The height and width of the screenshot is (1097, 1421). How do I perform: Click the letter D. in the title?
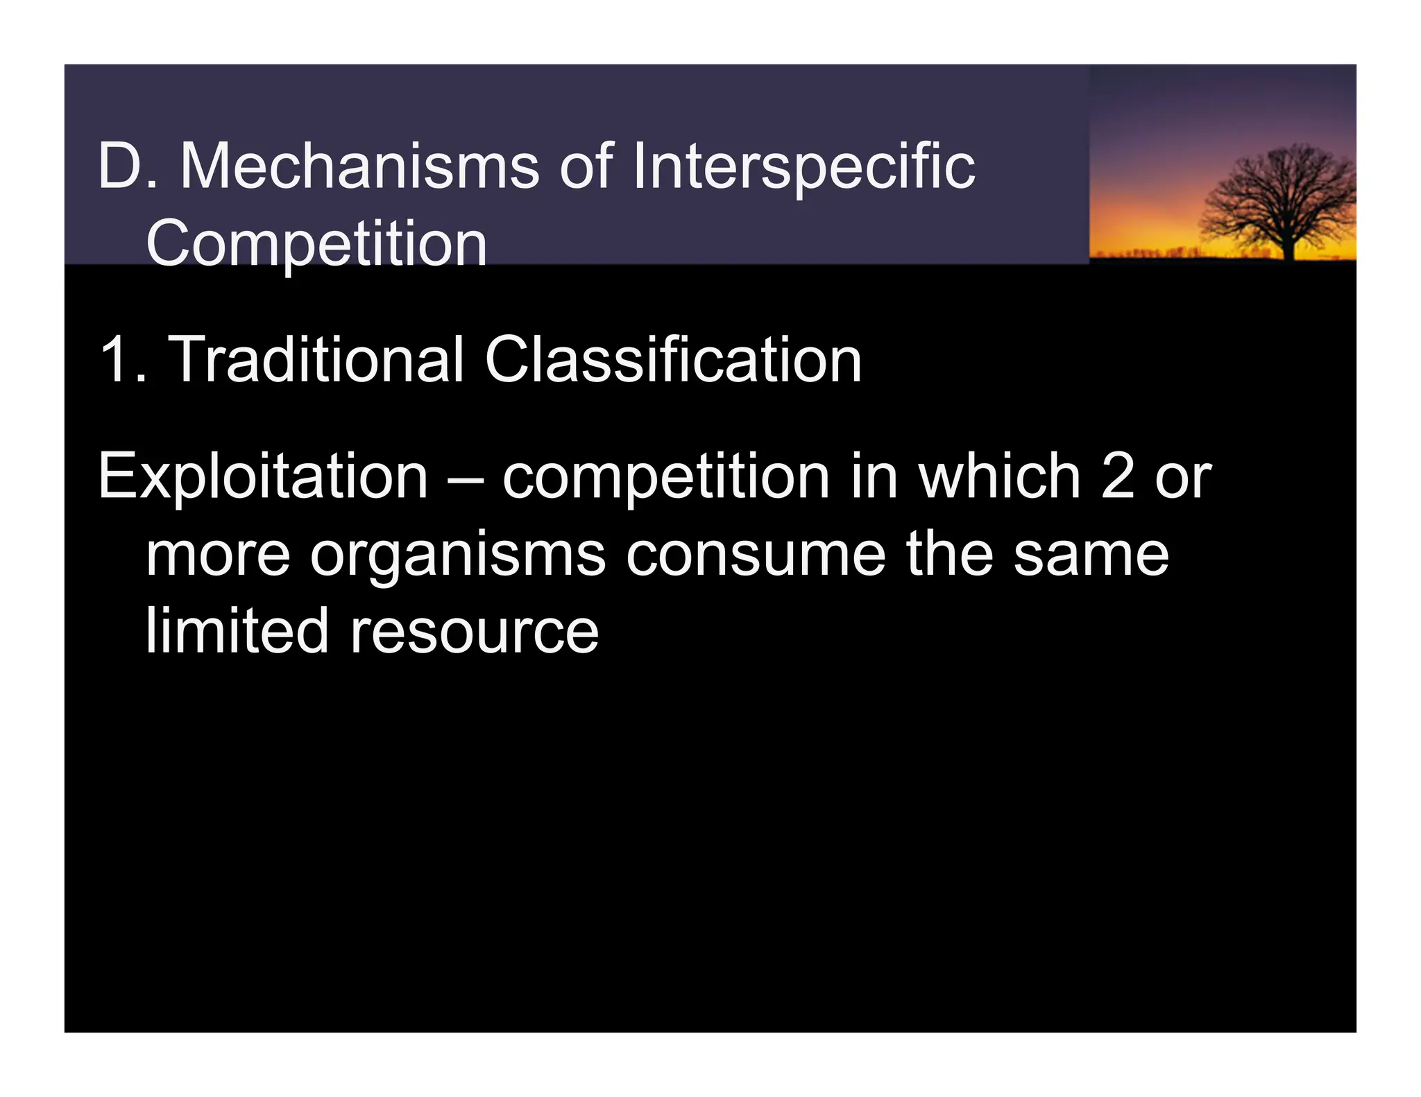coord(127,166)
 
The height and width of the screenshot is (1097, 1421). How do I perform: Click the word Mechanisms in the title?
coord(359,166)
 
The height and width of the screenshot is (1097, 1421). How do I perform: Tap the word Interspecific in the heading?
coord(803,166)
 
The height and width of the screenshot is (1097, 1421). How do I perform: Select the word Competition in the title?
coord(316,244)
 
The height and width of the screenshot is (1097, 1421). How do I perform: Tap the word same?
coord(1091,556)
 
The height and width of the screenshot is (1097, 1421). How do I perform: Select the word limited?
coord(237,631)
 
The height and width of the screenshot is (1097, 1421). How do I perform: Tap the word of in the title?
coord(586,166)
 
